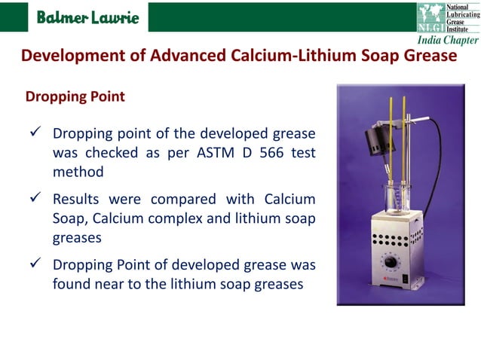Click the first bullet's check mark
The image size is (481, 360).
pos(33,134)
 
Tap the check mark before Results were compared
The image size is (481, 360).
pos(33,200)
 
